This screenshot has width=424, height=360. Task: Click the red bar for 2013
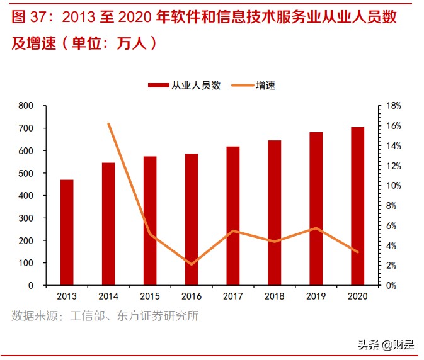(67, 232)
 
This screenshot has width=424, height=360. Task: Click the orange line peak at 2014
(108, 123)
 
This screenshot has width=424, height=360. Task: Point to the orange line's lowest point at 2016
(192, 264)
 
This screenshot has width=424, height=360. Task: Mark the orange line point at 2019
(316, 228)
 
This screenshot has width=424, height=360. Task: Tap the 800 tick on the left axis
(26, 106)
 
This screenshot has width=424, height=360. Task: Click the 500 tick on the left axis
(26, 173)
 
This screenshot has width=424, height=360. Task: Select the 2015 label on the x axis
(150, 296)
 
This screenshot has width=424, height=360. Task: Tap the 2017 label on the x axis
(233, 296)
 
